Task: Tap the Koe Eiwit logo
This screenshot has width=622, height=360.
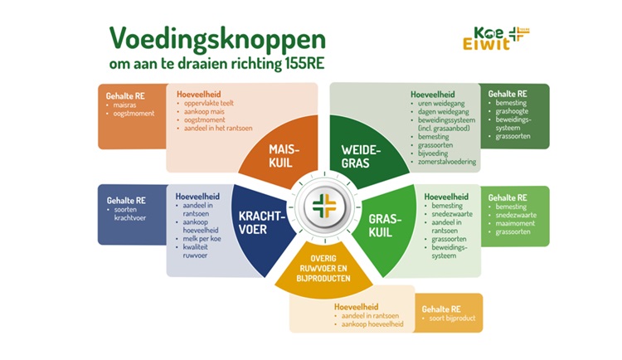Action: (496, 38)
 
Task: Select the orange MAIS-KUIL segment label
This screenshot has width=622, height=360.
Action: (284, 156)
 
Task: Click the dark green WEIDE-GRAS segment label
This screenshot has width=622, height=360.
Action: (361, 157)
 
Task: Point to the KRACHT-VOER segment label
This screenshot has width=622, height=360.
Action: (262, 222)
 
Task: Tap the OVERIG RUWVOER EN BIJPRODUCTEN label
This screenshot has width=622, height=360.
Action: (323, 268)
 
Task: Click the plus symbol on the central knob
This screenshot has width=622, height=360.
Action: (324, 206)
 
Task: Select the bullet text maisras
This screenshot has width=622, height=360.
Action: (124, 105)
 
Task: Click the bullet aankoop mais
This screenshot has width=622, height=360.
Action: (204, 111)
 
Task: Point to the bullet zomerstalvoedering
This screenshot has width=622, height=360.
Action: (447, 162)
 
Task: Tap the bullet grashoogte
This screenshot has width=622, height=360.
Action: (512, 111)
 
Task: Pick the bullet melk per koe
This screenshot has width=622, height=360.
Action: (202, 239)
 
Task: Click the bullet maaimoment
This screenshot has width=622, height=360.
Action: (515, 223)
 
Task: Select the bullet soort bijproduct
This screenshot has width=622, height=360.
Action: (452, 319)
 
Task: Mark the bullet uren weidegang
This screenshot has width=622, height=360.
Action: (441, 103)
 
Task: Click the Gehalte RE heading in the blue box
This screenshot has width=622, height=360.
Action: (126, 201)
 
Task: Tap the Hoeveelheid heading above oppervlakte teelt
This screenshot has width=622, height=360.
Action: (199, 94)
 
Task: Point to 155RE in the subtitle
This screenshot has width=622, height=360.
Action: (304, 64)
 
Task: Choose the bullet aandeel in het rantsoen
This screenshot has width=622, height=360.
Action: (218, 129)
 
